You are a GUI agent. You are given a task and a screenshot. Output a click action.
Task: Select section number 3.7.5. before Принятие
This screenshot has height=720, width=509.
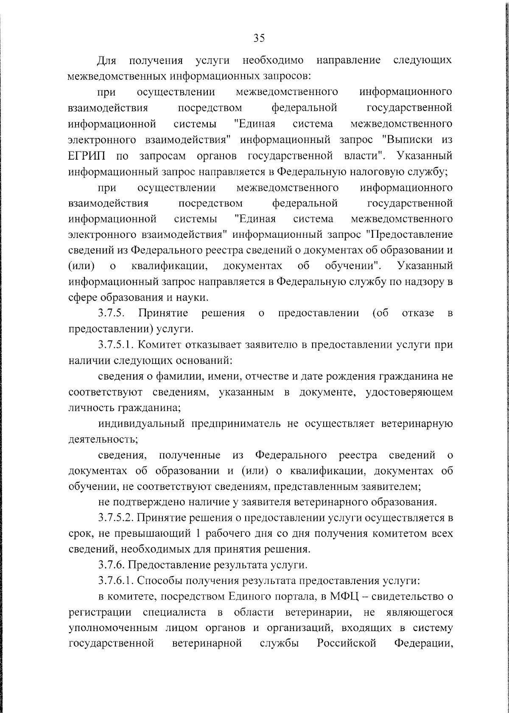111,313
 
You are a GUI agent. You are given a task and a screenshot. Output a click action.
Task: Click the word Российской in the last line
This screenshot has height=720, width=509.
347,644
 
